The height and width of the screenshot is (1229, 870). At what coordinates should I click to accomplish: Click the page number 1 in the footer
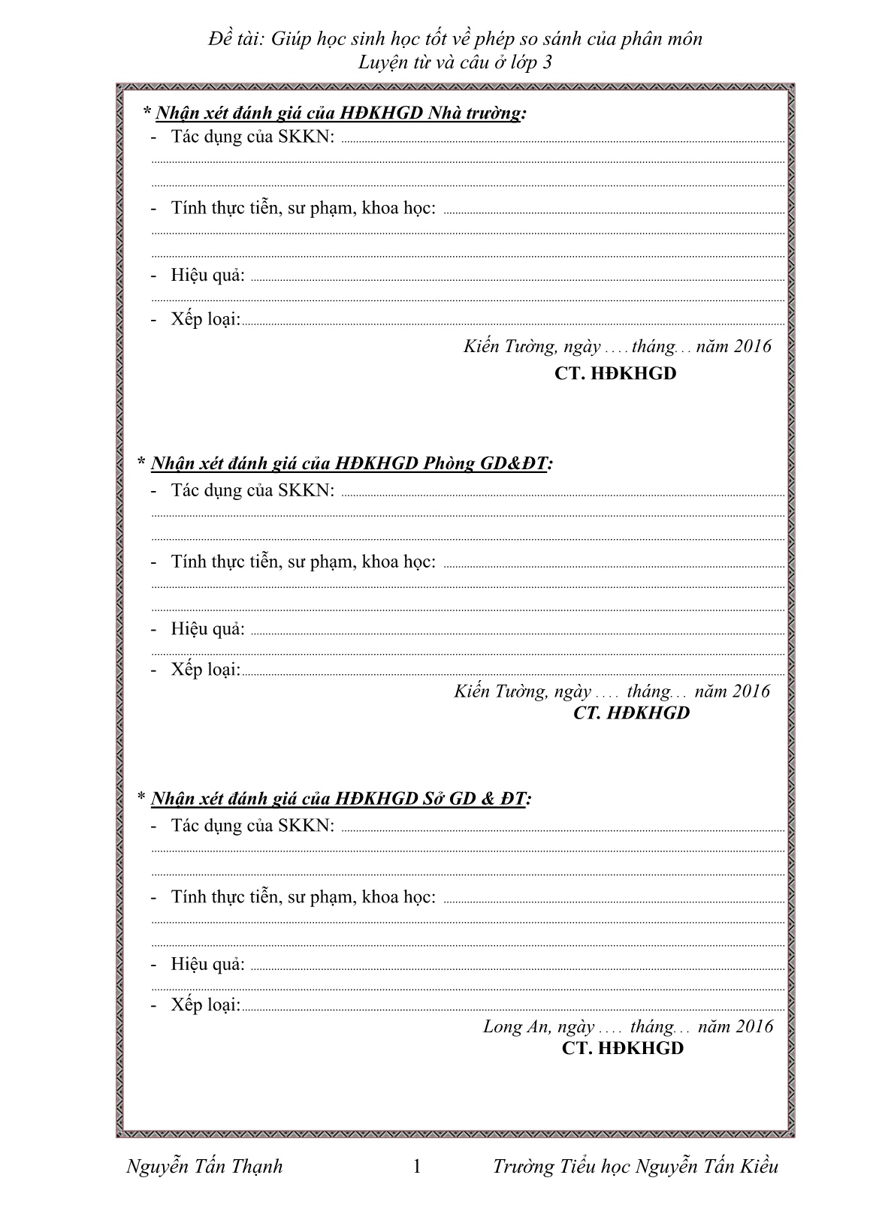click(418, 1166)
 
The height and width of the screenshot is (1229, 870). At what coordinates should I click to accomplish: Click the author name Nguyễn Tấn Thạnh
click(205, 1166)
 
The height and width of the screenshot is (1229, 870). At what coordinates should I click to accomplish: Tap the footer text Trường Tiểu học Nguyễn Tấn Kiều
click(636, 1166)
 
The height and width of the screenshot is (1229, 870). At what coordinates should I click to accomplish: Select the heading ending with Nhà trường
click(335, 113)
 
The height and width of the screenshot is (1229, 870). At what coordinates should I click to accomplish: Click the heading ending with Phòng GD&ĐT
click(345, 463)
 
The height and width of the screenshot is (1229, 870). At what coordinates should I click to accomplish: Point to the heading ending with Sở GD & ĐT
click(334, 798)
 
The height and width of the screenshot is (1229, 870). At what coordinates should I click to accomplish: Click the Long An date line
click(627, 1026)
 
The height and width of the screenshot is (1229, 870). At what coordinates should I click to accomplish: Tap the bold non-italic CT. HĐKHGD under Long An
click(623, 1048)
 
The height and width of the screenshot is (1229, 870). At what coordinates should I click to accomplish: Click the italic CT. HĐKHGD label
click(631, 712)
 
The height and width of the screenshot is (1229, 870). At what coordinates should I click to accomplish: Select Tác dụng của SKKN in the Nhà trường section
click(252, 137)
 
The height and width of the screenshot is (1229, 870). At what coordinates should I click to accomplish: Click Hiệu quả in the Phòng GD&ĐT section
click(207, 628)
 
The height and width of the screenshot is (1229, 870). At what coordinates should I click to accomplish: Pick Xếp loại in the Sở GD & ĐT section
click(205, 1005)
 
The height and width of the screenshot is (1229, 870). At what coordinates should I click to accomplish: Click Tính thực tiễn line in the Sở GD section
click(303, 896)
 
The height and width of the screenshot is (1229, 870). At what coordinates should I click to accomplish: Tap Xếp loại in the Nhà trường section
click(205, 319)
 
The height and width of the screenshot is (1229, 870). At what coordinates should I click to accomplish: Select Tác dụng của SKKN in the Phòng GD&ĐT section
click(252, 490)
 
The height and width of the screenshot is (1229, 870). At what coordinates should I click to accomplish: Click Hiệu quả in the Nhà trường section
click(207, 275)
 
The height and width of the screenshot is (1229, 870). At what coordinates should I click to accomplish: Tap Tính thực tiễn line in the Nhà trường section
click(303, 207)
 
